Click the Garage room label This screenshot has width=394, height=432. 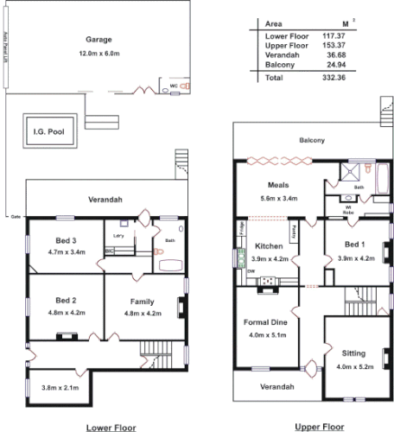(x=100, y=40)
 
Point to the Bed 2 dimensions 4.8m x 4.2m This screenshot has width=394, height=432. (x=66, y=312)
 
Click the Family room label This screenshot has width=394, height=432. (x=143, y=300)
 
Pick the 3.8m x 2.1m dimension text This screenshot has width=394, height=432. (x=59, y=388)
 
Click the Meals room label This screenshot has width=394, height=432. (x=278, y=185)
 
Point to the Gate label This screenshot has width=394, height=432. (x=15, y=214)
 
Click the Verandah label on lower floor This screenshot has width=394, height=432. (x=105, y=200)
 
